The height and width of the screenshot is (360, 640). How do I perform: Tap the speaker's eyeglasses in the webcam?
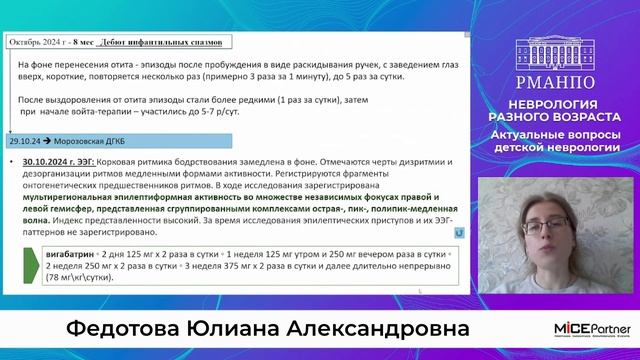(527, 214)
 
